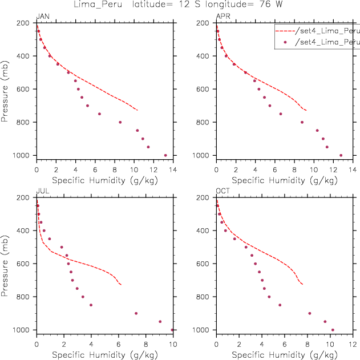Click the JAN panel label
click(42, 16)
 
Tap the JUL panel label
click(42, 191)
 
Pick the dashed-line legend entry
click(317, 30)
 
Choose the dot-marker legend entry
click(317, 42)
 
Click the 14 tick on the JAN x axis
click(172, 169)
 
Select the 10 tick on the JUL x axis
click(172, 344)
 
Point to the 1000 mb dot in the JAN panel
click(165, 155)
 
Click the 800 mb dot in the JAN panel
click(120, 122)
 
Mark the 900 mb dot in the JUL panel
click(136, 313)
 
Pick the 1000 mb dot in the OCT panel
click(333, 330)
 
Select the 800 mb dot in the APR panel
click(302, 122)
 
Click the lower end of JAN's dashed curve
click(137, 110)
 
